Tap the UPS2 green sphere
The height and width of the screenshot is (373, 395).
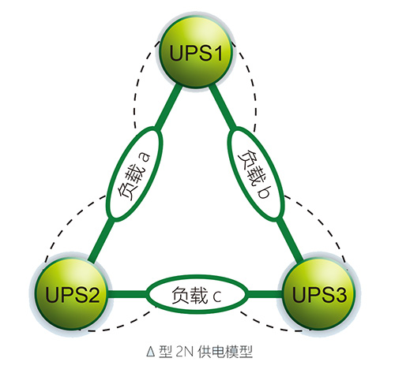click(x=71, y=293)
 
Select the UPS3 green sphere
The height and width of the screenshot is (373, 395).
click(x=319, y=293)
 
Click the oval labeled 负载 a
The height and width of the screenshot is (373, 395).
click(x=134, y=173)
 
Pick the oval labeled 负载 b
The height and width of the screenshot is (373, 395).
click(x=256, y=173)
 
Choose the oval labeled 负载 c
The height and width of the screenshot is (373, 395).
click(x=197, y=294)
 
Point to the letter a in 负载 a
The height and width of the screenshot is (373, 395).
click(x=145, y=157)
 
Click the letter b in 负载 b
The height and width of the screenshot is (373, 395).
click(x=263, y=192)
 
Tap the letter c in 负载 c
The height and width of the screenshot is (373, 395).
click(x=217, y=297)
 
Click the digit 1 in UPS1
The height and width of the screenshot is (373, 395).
click(x=216, y=53)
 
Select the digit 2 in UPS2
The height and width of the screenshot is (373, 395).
click(x=92, y=295)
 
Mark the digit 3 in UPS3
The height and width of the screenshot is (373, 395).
click(x=340, y=295)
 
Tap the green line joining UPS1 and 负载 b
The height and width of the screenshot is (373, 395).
click(x=223, y=106)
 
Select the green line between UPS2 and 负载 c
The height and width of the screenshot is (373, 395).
click(x=127, y=294)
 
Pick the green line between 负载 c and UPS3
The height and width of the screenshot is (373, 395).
click(x=265, y=294)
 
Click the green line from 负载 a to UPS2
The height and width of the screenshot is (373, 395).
click(x=101, y=241)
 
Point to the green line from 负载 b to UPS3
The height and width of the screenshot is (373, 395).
click(x=289, y=241)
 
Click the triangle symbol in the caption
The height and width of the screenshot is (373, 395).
click(x=151, y=352)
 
